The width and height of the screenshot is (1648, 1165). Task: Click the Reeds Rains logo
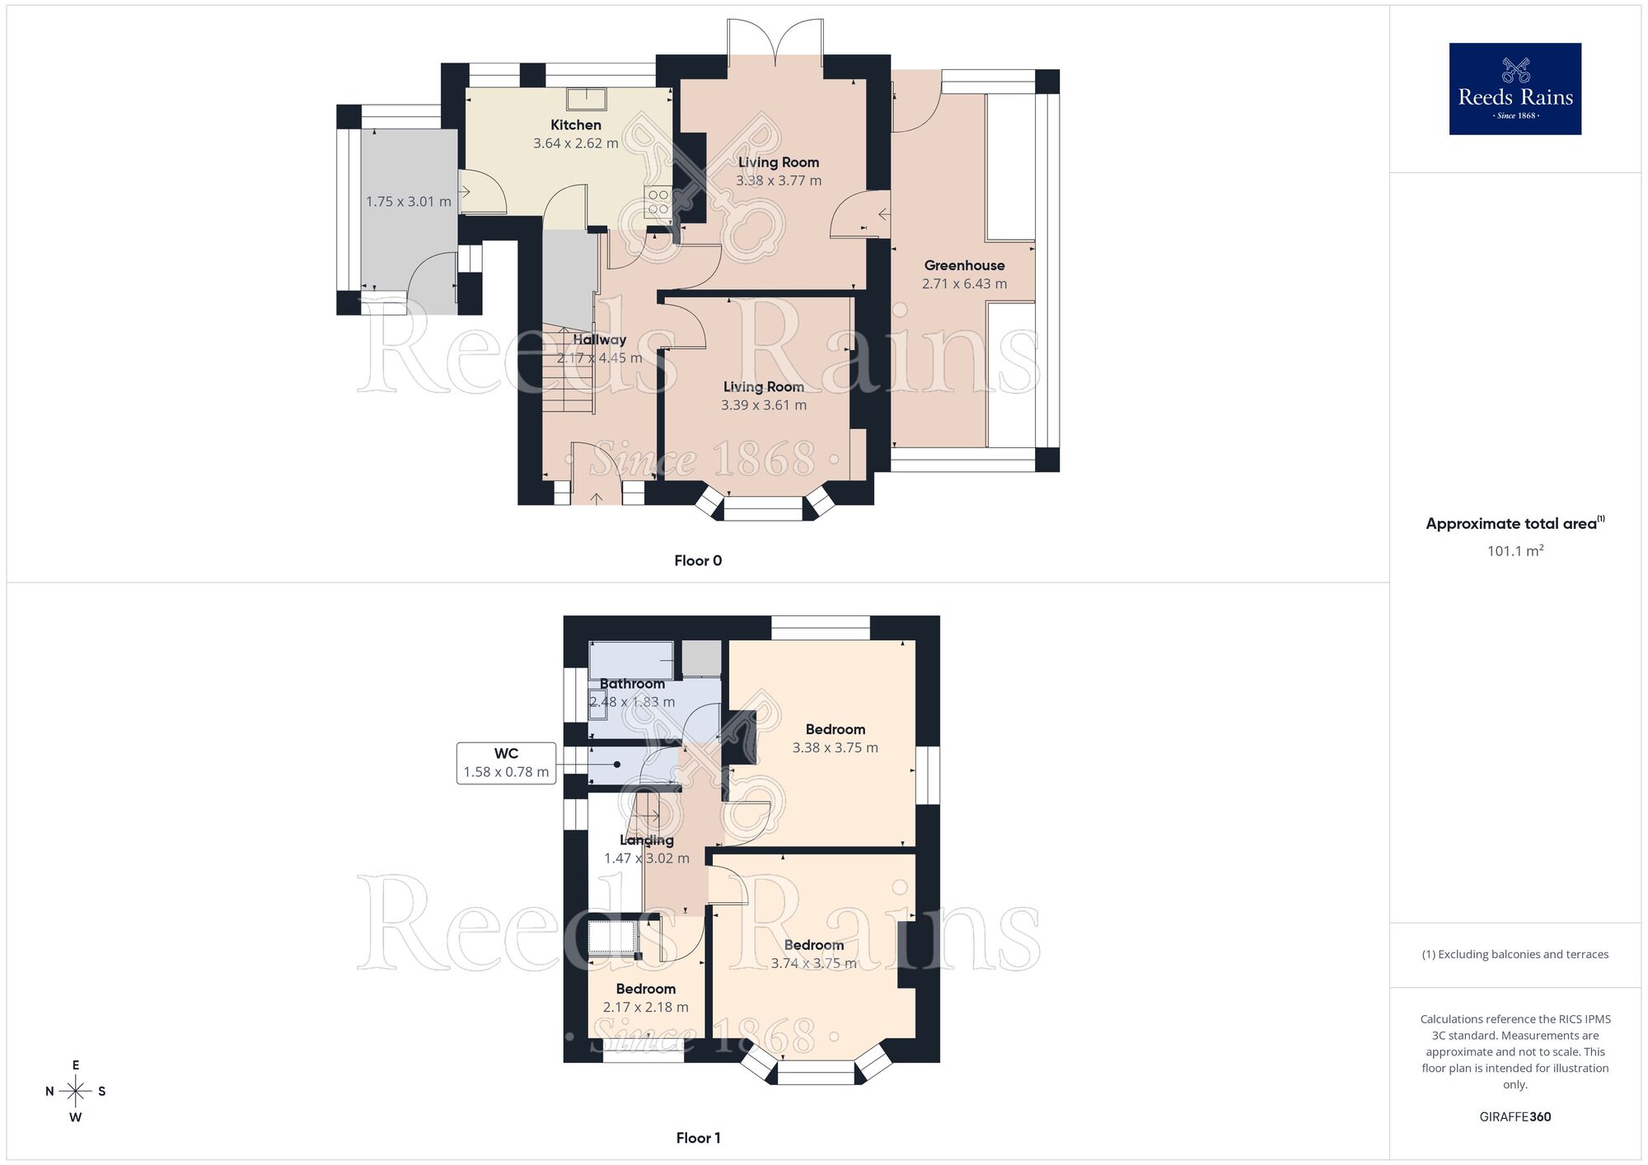[x=1515, y=89]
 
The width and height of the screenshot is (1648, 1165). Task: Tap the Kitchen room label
[x=575, y=125]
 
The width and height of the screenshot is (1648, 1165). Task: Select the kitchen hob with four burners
[x=658, y=202]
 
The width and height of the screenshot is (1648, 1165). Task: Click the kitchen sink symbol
[x=586, y=99]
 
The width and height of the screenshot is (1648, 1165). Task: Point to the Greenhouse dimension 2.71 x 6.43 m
[x=964, y=283]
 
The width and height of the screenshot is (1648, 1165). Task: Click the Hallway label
[x=599, y=339]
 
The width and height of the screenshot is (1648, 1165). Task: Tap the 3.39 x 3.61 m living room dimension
[x=763, y=405]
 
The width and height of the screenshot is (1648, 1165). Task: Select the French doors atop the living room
[x=775, y=41]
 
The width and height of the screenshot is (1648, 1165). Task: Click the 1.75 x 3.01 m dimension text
[x=408, y=201]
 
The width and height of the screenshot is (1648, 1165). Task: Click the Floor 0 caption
[x=697, y=560]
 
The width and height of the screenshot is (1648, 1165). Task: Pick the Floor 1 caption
[x=697, y=1138]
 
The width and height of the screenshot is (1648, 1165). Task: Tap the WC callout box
[x=506, y=763]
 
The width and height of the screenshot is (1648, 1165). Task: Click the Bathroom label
[x=632, y=684]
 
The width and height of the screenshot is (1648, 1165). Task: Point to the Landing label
[x=647, y=840]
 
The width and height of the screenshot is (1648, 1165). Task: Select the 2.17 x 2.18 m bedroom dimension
[x=645, y=1007]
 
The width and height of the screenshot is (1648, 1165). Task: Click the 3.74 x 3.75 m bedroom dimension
[x=813, y=963]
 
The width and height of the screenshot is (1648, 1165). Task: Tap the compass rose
[x=75, y=1092]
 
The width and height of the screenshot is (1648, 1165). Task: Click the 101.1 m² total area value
[x=1515, y=551]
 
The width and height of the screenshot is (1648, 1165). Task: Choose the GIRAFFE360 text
[x=1515, y=1116]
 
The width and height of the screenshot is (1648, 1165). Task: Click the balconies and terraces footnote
[x=1515, y=954]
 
